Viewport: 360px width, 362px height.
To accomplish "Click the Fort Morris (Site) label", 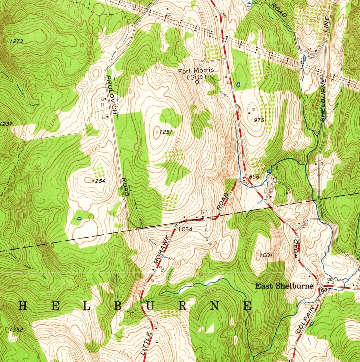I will (x=196, y=73).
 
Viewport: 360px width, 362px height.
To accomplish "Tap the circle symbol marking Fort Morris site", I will (x=197, y=82).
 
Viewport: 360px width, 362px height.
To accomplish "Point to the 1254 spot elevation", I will (x=98, y=181).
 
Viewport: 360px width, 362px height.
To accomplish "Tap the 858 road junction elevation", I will (x=254, y=176).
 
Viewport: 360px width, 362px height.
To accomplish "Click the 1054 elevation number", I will (x=185, y=229).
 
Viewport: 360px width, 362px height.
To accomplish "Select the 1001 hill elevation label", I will (x=267, y=255).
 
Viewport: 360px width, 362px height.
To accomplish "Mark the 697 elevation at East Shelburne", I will (x=325, y=290).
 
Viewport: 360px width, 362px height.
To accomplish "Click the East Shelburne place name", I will (x=284, y=286).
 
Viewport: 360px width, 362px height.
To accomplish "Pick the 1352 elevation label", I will (x=16, y=329).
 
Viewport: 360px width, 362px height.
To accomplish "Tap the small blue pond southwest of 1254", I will (x=79, y=218).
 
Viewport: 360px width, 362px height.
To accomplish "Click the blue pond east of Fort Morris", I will (x=238, y=85).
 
